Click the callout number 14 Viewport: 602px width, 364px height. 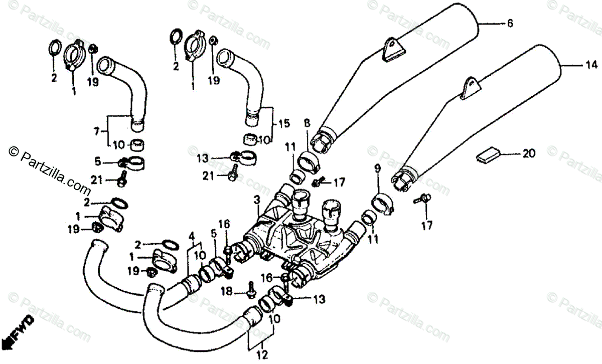tap(592, 65)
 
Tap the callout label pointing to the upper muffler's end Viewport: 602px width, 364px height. tap(510, 23)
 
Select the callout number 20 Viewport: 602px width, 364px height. tap(529, 154)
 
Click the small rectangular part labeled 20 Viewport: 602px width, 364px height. tap(488, 155)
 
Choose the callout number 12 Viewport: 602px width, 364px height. tap(261, 355)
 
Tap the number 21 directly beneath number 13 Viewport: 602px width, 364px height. tap(209, 175)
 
